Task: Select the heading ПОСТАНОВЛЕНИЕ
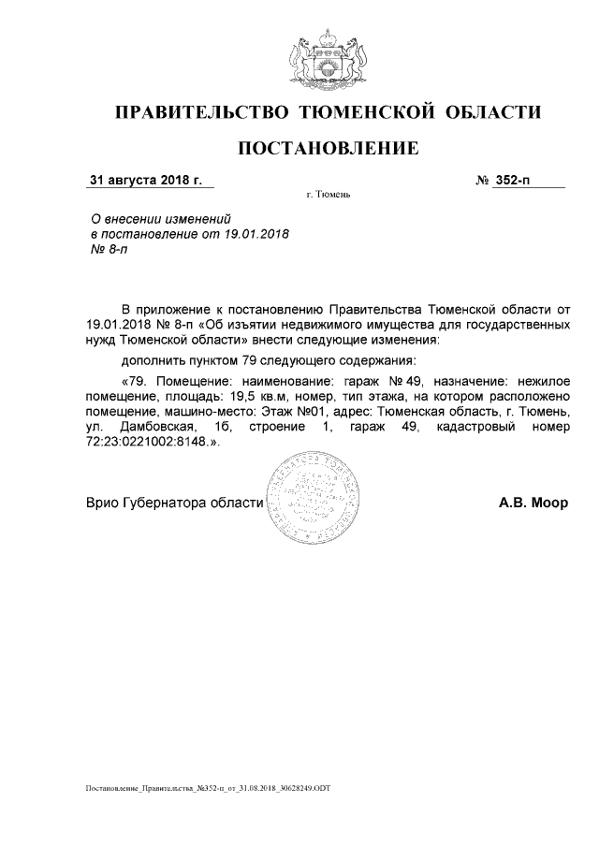tap(327, 148)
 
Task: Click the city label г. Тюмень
tap(328, 196)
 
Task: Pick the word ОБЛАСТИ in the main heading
tap(493, 113)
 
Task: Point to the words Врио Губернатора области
tap(175, 502)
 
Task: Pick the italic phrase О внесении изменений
tap(153, 217)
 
